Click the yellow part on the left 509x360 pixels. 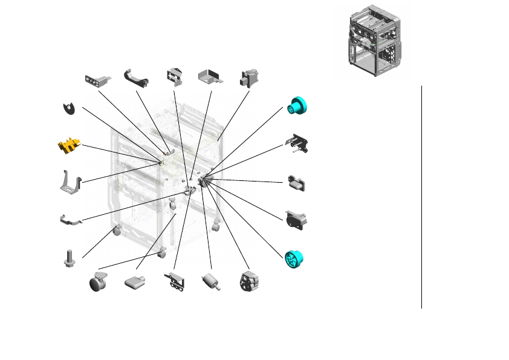[69, 146]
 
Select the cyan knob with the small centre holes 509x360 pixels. [299, 106]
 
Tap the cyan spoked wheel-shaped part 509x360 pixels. [294, 258]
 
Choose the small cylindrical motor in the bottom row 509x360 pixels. [210, 281]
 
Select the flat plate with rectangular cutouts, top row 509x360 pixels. [97, 80]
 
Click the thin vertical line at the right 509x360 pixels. [421, 197]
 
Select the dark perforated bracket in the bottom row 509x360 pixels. [175, 283]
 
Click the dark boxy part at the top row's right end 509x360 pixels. [248, 78]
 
